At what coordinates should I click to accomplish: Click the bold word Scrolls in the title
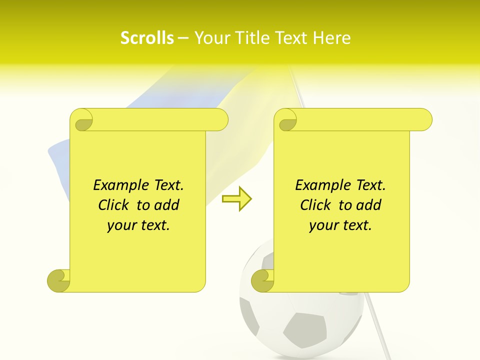pyautogui.click(x=147, y=38)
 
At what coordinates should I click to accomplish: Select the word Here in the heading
pyautogui.click(x=331, y=38)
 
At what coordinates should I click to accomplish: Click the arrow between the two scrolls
pyautogui.click(x=236, y=198)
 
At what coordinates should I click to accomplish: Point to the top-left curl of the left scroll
pyautogui.click(x=82, y=120)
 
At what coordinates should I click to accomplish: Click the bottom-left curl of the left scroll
pyautogui.click(x=58, y=280)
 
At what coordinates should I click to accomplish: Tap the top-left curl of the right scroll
pyautogui.click(x=286, y=120)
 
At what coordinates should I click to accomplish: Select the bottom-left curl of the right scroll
pyautogui.click(x=262, y=280)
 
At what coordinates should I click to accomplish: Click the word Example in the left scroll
pyautogui.click(x=118, y=185)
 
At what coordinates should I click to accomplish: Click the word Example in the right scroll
pyautogui.click(x=320, y=185)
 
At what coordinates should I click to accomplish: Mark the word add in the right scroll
pyautogui.click(x=369, y=205)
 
